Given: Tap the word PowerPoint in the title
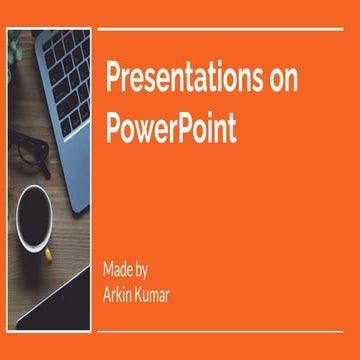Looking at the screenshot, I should [x=171, y=129].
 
